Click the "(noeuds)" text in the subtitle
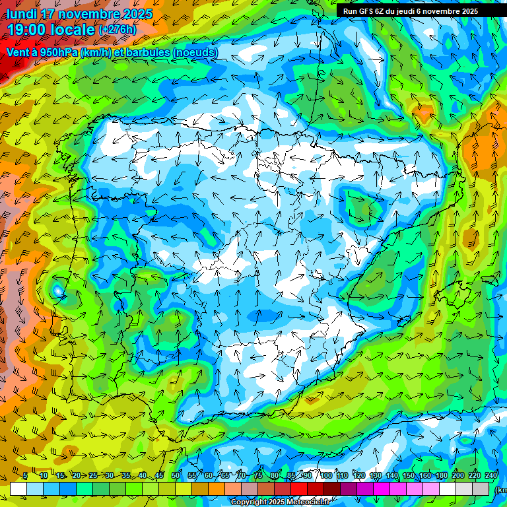click(x=195, y=52)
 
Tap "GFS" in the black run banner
click(x=366, y=11)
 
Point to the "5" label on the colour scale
click(x=24, y=475)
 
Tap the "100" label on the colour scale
click(x=325, y=475)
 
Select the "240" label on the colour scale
click(x=491, y=475)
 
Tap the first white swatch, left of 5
click(x=18, y=489)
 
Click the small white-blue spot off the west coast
click(x=58, y=290)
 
